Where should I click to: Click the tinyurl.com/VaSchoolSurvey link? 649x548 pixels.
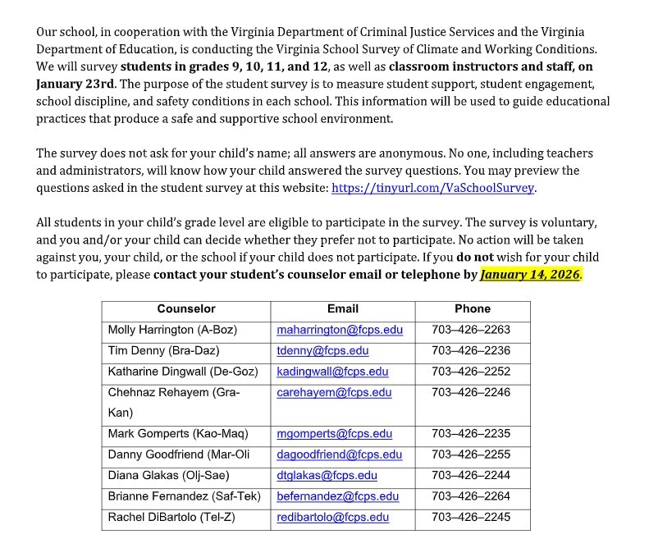(x=432, y=188)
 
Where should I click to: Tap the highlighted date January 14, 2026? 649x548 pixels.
(x=530, y=275)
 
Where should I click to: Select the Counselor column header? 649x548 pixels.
(x=186, y=309)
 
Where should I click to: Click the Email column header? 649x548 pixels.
(x=343, y=309)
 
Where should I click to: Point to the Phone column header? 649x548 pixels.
(x=472, y=309)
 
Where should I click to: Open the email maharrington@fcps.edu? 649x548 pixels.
(x=340, y=330)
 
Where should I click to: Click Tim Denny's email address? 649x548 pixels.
(x=322, y=350)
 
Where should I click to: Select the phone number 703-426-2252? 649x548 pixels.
(x=472, y=372)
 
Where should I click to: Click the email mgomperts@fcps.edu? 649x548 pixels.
(x=335, y=434)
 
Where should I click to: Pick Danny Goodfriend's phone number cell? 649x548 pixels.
(x=472, y=454)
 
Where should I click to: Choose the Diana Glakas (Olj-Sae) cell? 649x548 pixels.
(x=169, y=476)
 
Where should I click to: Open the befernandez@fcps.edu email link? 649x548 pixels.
(x=337, y=496)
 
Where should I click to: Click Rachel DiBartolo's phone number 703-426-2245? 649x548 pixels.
(x=472, y=518)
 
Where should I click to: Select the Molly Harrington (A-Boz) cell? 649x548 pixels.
(x=172, y=330)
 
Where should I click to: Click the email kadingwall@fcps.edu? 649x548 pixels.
(x=332, y=372)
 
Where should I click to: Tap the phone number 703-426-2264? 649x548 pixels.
(x=472, y=496)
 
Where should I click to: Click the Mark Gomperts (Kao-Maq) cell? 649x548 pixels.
(x=178, y=434)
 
